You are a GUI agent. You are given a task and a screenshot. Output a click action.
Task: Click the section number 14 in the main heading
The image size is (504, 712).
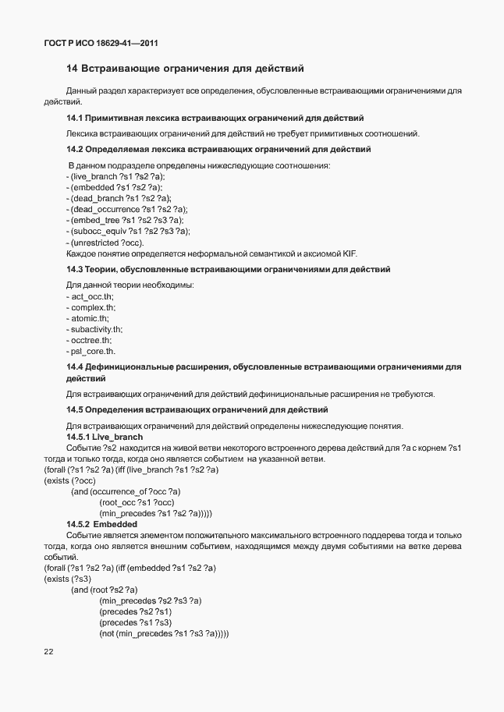click(72, 69)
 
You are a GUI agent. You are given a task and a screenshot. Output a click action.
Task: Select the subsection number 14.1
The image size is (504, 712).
click(75, 119)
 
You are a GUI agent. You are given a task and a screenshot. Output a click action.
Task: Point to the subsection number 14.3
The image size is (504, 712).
click(75, 269)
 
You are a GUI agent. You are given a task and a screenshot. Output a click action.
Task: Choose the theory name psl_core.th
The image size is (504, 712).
click(93, 352)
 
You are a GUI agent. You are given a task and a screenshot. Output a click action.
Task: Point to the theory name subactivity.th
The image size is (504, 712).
click(97, 330)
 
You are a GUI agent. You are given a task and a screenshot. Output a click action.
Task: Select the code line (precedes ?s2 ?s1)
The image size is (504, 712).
click(135, 611)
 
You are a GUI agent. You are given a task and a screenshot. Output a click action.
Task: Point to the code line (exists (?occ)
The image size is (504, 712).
click(64, 480)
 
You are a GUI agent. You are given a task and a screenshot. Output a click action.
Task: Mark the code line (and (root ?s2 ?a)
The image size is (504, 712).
click(104, 590)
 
